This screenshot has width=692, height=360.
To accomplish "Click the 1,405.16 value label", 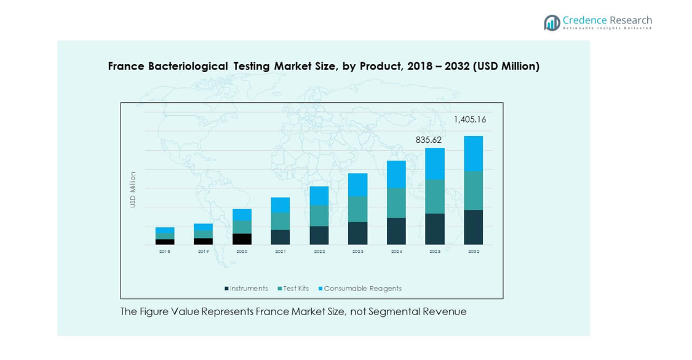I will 470,120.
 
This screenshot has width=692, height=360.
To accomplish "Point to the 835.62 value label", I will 429,140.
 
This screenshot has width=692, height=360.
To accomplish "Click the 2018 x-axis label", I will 165,252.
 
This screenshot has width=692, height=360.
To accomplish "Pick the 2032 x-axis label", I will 474,252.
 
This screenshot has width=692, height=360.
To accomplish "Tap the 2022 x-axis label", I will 319,252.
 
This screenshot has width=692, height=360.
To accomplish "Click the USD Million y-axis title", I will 133,190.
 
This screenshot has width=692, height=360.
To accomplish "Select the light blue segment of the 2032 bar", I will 473,153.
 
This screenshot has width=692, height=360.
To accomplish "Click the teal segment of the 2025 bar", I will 435,196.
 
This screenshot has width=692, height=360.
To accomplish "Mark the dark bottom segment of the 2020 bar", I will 242,239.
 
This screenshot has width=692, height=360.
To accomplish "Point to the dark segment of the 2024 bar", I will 396,231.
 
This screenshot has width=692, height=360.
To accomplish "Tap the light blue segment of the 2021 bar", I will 280,205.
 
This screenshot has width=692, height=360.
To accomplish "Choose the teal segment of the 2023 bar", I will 357,209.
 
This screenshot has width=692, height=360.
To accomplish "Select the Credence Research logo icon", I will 552,23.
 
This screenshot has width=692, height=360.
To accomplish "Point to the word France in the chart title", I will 126,66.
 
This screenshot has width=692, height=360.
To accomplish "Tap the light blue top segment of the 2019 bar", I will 203,227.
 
